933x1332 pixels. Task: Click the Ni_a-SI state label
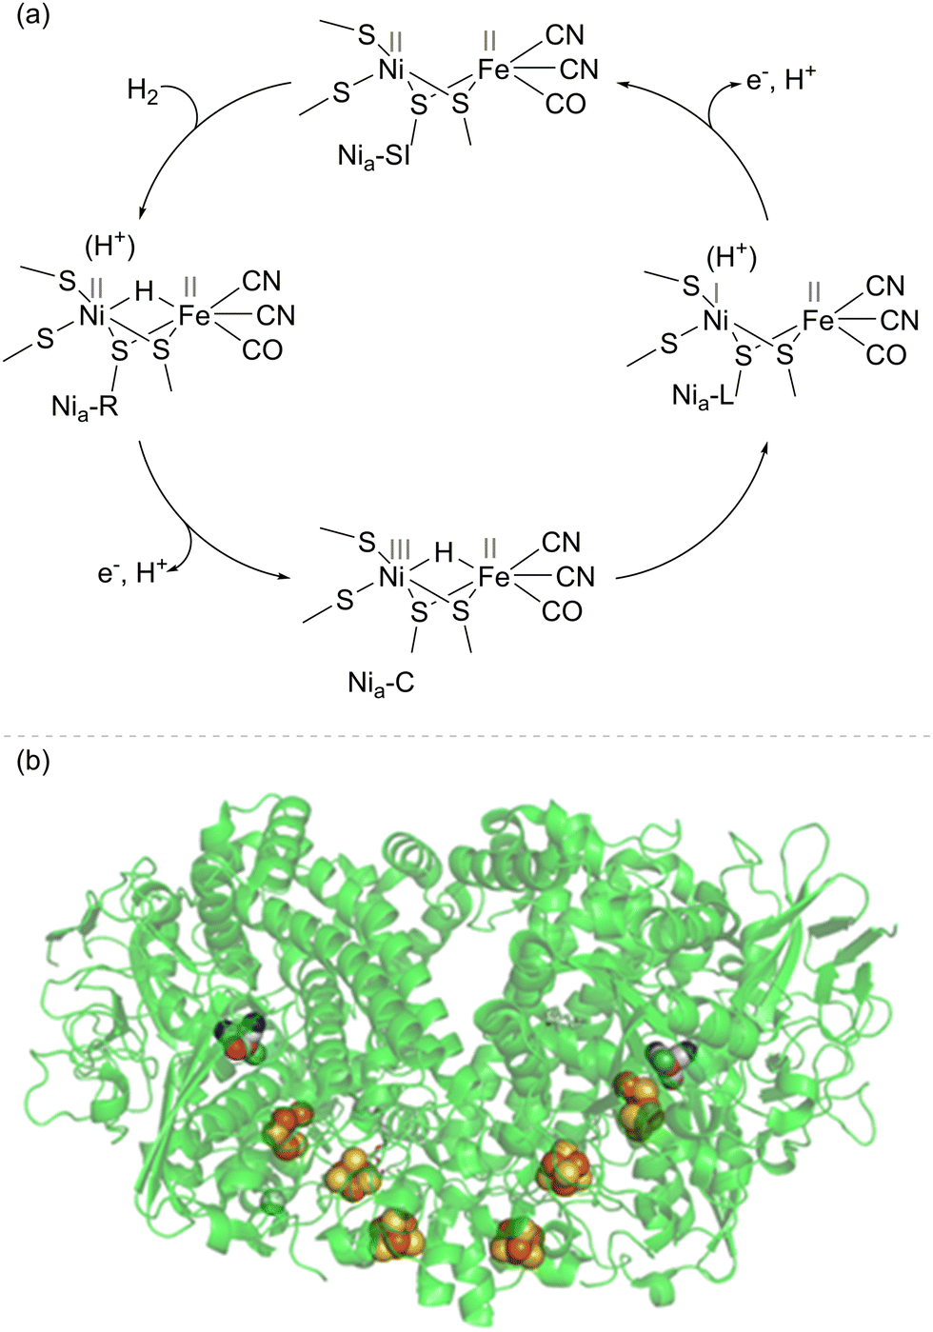pos(373,156)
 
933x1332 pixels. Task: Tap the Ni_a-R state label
pos(85,408)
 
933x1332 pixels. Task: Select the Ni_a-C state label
pos(381,684)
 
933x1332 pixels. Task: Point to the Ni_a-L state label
pos(704,396)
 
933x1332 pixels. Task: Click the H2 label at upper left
pos(143,91)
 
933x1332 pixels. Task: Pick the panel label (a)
pos(34,17)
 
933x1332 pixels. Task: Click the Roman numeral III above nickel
pos(399,548)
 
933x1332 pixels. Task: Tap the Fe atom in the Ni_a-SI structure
pos(493,70)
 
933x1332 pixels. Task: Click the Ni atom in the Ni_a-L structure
pos(715,321)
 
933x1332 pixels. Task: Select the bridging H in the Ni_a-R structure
pos(144,291)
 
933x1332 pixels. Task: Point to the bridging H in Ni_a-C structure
pos(444,552)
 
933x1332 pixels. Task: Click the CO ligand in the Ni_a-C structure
pos(562,611)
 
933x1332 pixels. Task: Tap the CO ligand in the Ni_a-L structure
pos(885,355)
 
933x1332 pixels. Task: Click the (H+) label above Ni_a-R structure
pos(110,247)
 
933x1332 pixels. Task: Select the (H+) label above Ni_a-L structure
pos(731,257)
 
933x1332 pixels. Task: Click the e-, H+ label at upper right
pos(781,80)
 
